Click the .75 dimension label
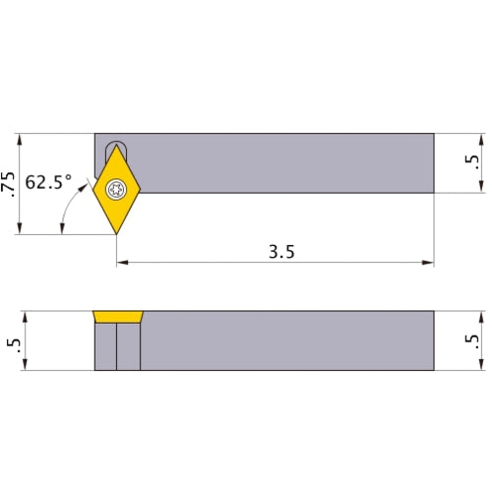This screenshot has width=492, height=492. [10, 183]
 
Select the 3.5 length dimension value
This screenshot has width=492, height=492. [280, 250]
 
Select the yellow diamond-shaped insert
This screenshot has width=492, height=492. [117, 202]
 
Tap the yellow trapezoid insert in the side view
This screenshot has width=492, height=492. [117, 318]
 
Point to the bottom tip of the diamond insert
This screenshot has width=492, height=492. [116, 233]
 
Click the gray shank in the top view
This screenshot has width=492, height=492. [285, 162]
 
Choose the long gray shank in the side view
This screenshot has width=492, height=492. [285, 341]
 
